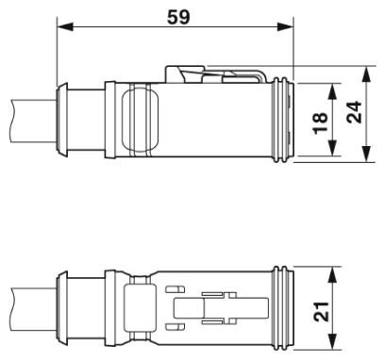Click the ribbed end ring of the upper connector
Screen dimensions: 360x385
pyautogui.click(x=282, y=120)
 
